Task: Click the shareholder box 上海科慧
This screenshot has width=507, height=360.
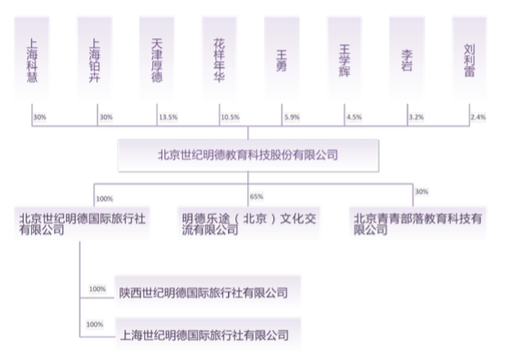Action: tap(32, 59)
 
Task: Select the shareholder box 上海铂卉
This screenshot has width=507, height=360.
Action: tap(95, 59)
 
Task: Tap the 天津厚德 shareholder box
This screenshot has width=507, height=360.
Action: tap(157, 59)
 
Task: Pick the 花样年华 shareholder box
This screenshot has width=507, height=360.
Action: tap(220, 59)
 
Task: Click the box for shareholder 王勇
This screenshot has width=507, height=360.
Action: tap(282, 59)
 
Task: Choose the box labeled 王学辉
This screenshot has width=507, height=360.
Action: tap(344, 59)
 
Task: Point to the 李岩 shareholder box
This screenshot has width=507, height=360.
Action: tap(406, 59)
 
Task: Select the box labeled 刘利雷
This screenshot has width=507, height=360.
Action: tap(469, 59)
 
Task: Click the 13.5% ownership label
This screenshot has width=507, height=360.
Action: tap(168, 117)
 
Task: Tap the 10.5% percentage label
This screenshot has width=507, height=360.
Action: tap(230, 117)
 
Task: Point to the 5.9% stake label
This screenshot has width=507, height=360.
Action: tap(292, 117)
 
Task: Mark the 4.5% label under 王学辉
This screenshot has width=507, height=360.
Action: tap(354, 117)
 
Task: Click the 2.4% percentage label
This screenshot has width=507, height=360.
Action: tap(479, 117)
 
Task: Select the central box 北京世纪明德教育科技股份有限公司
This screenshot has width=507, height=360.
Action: tap(248, 156)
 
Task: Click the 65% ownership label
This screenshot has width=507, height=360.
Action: tap(256, 197)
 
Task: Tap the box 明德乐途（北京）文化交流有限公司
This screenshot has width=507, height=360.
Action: tap(249, 224)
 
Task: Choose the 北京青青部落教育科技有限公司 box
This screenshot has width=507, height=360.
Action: tap(418, 224)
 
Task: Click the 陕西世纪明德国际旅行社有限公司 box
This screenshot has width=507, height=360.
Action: tap(208, 293)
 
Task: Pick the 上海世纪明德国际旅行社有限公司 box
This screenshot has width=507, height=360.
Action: tap(208, 335)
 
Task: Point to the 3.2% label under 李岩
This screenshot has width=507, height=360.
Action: tap(416, 117)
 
